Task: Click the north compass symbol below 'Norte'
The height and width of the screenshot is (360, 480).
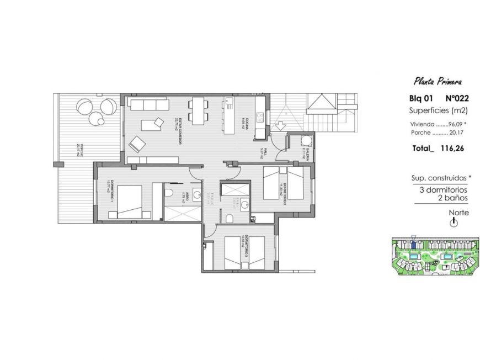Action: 454,223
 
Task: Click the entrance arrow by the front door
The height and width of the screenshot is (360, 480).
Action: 280,126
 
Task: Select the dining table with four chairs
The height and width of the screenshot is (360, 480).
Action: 198,110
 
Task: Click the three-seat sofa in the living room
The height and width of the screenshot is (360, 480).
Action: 147,104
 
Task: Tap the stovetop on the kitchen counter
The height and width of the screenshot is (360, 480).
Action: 228,103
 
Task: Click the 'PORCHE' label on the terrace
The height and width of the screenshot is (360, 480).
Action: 81,150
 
